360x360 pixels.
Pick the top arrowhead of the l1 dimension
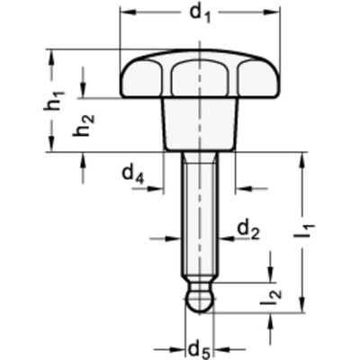tap(301, 158)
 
